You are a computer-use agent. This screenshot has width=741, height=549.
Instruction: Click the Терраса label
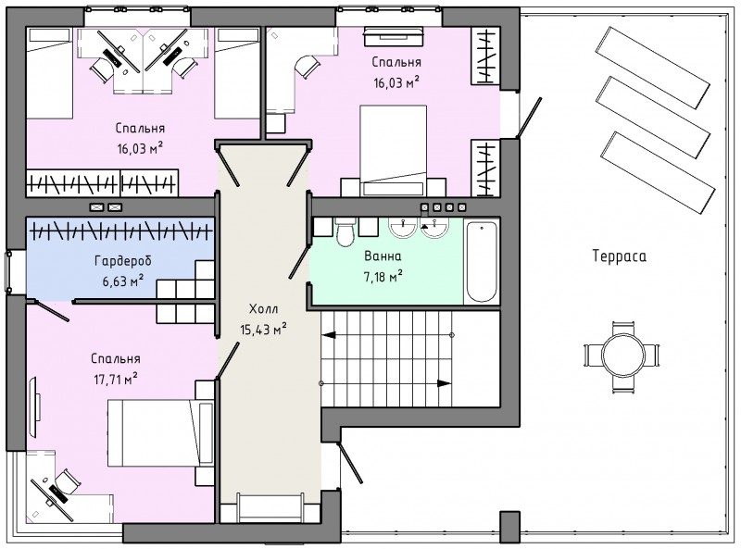coord(619,256)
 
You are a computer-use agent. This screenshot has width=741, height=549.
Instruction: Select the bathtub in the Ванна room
coord(481,262)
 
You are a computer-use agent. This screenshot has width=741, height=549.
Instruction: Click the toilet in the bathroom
coord(345,231)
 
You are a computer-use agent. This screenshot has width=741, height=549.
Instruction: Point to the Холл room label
coord(263,309)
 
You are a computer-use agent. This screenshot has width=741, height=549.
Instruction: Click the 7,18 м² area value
coord(383,277)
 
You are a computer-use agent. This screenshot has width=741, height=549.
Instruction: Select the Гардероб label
coord(123,261)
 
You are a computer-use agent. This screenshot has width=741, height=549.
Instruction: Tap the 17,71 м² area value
coord(116,379)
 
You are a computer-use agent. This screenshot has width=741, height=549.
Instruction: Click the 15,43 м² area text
coord(263,330)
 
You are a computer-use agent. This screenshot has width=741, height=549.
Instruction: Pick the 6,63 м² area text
coord(123,281)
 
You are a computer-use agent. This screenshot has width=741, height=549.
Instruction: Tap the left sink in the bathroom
coord(402,227)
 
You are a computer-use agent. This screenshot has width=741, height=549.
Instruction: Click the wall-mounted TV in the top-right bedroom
coord(393,37)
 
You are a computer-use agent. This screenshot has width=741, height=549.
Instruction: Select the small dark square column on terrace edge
coord(509,527)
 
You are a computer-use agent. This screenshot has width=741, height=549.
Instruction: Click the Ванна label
coord(383,256)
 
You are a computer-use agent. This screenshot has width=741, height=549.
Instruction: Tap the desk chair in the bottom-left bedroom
coord(66,482)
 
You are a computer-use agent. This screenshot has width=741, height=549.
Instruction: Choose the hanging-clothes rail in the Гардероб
coord(120,231)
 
